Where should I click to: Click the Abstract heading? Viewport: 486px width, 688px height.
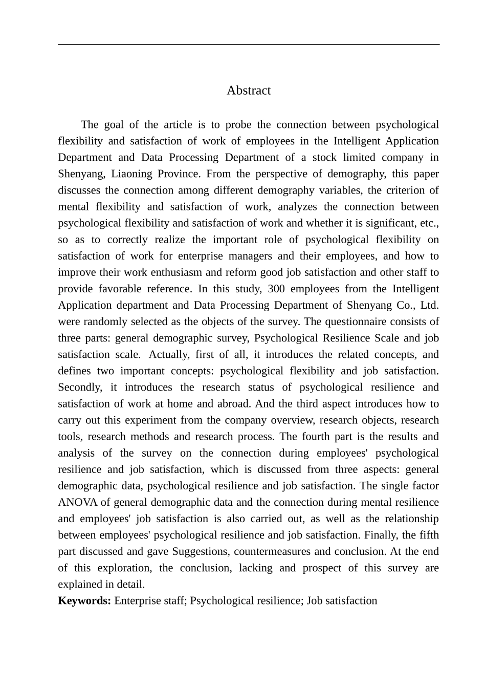[249, 91]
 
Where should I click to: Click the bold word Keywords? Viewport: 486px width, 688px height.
[84, 600]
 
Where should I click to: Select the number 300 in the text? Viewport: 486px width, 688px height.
[276, 289]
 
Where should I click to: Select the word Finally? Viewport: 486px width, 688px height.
[381, 535]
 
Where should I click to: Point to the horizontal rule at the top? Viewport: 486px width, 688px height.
[249, 45]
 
